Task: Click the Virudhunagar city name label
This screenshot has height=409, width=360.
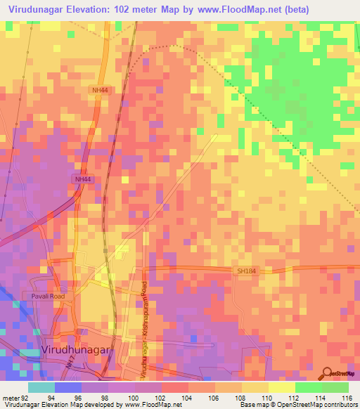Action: [x=76, y=349]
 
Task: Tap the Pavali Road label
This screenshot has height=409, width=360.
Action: [x=47, y=297]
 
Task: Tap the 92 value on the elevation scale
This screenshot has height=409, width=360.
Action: [x=25, y=397]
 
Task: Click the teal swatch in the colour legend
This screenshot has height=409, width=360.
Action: [x=41, y=387]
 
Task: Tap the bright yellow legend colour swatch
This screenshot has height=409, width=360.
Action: [x=281, y=387]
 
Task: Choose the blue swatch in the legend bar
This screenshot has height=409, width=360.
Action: [x=68, y=387]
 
